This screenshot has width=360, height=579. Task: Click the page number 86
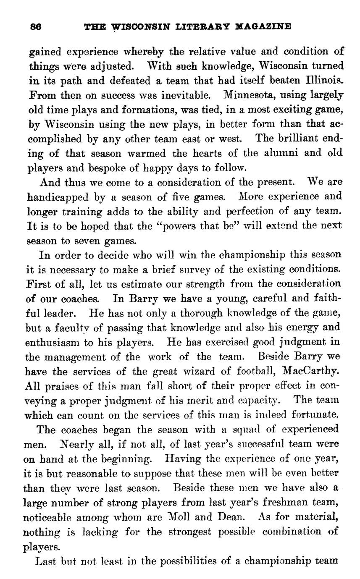click(x=35, y=26)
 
